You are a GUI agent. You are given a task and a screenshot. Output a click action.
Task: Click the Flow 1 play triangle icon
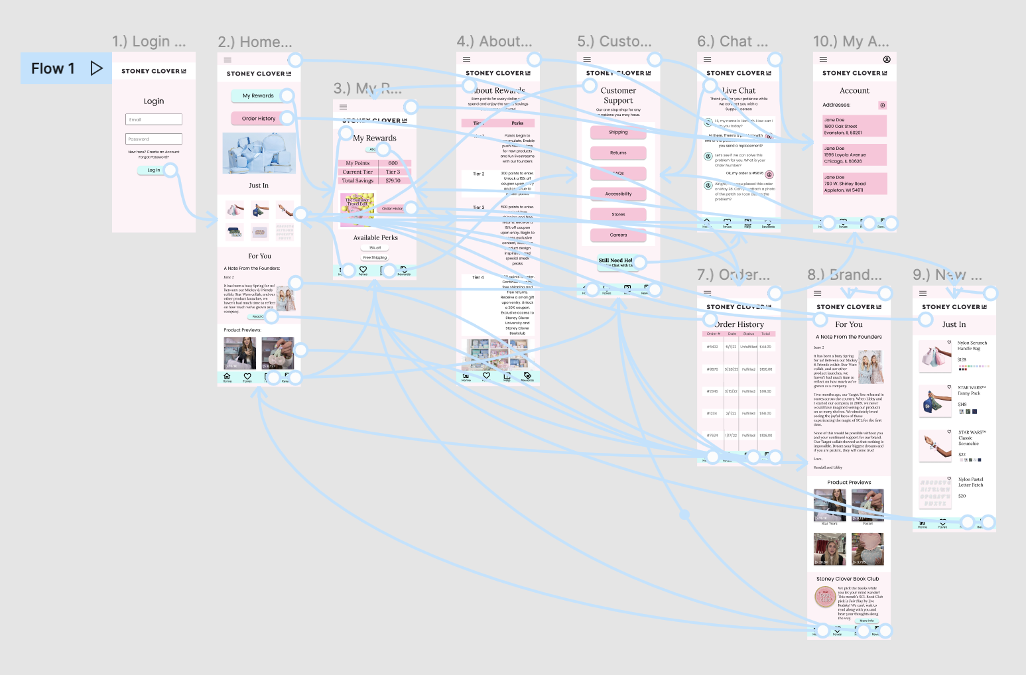(96, 68)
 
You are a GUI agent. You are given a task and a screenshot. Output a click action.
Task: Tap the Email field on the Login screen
(153, 119)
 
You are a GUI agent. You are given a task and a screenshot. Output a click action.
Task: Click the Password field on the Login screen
(153, 139)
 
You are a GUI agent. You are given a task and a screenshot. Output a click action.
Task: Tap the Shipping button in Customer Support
(618, 133)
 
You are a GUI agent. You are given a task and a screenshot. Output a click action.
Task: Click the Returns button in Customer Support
(618, 153)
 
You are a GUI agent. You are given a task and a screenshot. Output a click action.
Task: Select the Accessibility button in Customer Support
(618, 194)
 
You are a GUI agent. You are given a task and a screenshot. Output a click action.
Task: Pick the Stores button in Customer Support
(618, 214)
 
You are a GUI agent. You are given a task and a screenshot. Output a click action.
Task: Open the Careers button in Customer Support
(618, 235)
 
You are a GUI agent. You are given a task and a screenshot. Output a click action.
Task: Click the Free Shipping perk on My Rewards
(375, 257)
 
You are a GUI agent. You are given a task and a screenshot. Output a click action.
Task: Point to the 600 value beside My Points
(393, 163)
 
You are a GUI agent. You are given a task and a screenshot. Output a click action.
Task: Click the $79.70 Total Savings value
(393, 180)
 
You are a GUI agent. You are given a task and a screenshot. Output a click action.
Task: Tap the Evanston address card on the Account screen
(854, 126)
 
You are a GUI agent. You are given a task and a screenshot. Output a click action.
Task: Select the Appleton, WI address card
(854, 184)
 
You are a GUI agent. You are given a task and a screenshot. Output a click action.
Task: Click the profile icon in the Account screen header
(887, 60)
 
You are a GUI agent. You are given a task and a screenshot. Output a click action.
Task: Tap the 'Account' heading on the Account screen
(854, 91)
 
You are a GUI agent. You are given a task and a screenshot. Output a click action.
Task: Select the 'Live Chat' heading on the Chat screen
(739, 91)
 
